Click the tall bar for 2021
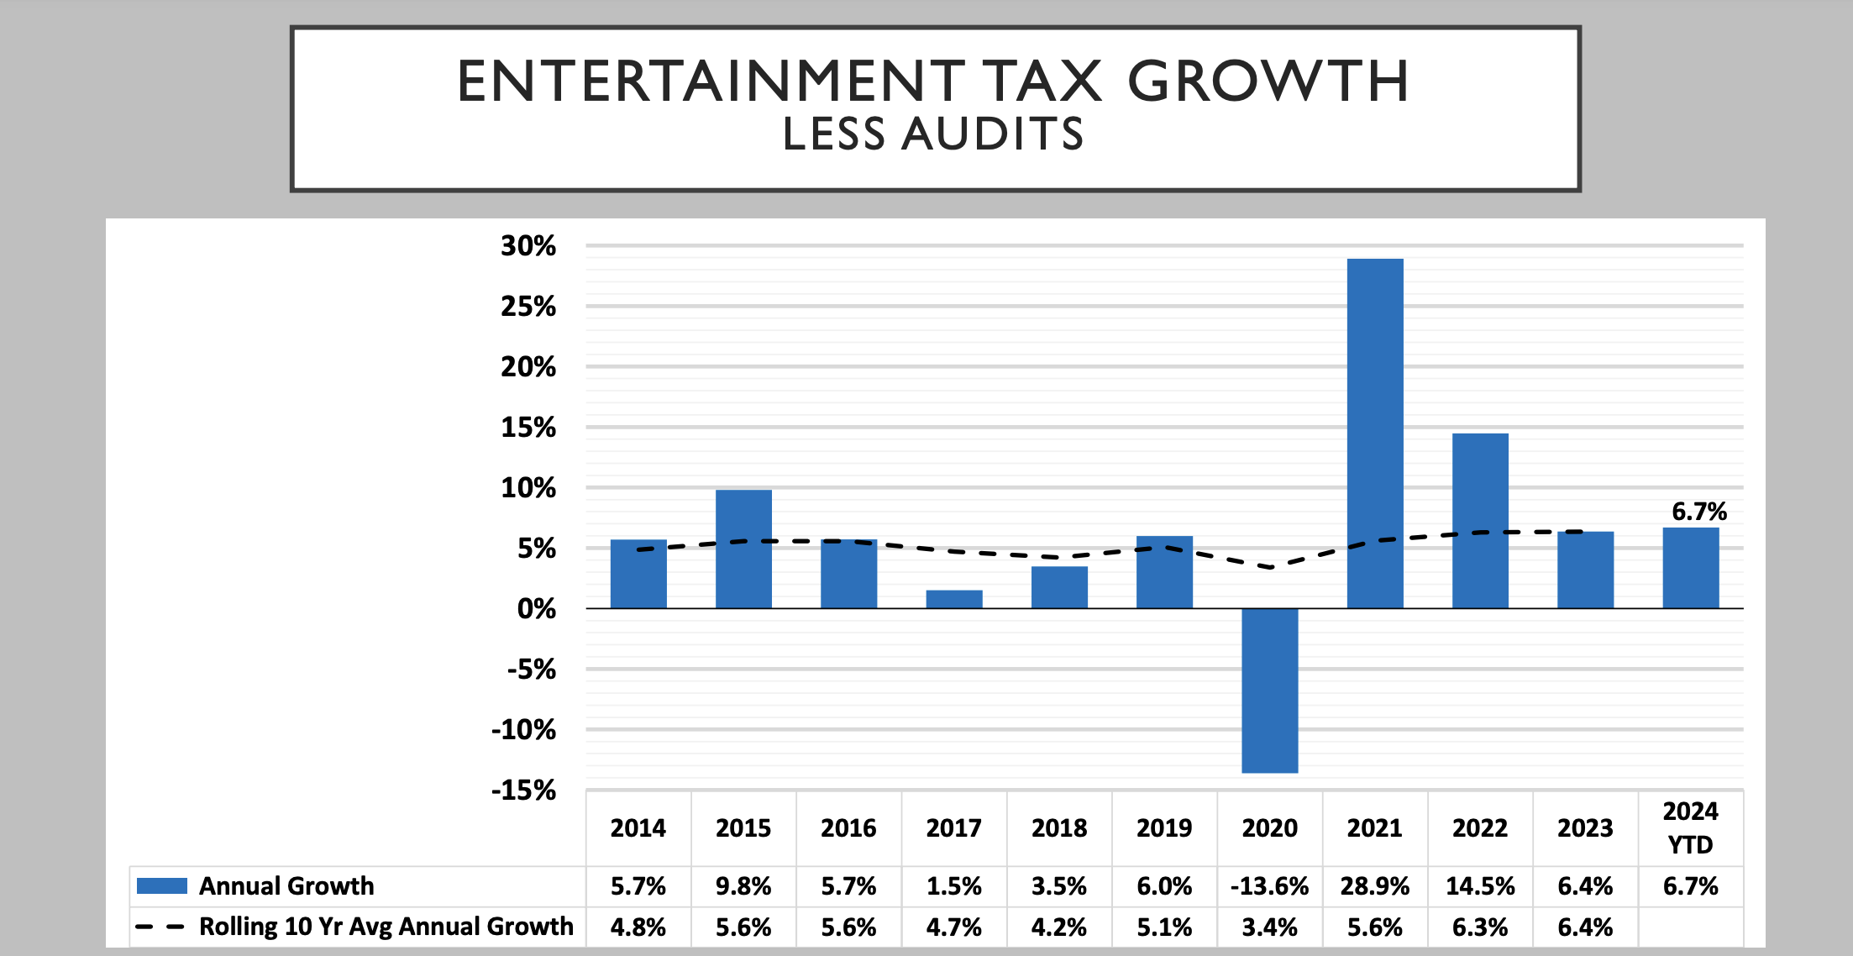pyautogui.click(x=1375, y=433)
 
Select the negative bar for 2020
pyautogui.click(x=1269, y=690)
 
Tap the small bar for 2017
pyautogui.click(x=954, y=599)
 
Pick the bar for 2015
pyautogui.click(x=743, y=549)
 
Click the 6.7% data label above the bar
pyautogui.click(x=1698, y=511)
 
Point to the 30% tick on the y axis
pyautogui.click(x=528, y=246)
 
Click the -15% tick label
pyautogui.click(x=523, y=790)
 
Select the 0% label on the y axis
pyautogui.click(x=536, y=608)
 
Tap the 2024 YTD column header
pyautogui.click(x=1690, y=827)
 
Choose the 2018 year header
pyautogui.click(x=1059, y=828)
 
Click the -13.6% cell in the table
pyautogui.click(x=1269, y=886)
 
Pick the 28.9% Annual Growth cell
pyautogui.click(x=1375, y=886)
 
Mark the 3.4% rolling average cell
pyautogui.click(x=1269, y=927)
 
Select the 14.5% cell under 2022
pyautogui.click(x=1480, y=886)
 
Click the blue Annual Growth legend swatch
pyautogui.click(x=161, y=886)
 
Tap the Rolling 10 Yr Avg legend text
pyautogui.click(x=386, y=927)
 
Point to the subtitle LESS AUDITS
pyautogui.click(x=933, y=134)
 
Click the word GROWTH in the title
pyautogui.click(x=1268, y=81)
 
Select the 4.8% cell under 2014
pyautogui.click(x=638, y=927)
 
